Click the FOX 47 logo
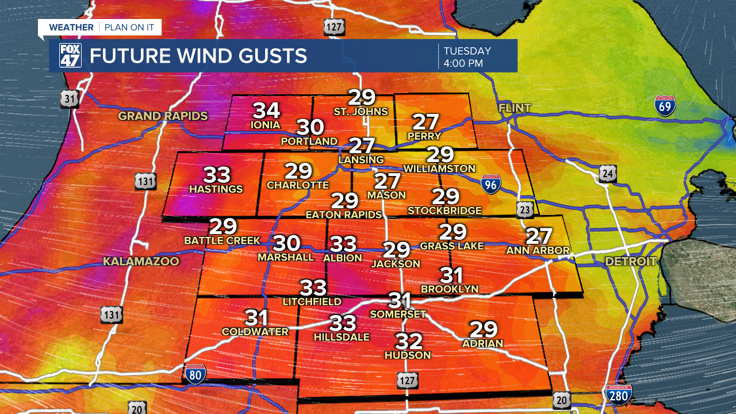click(70, 56)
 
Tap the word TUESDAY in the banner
click(467, 51)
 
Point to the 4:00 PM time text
click(463, 63)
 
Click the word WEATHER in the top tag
click(71, 28)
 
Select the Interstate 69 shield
click(665, 106)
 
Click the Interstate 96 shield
click(490, 183)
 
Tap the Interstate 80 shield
click(195, 374)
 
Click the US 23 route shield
click(524, 210)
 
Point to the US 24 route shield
click(608, 173)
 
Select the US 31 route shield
click(70, 99)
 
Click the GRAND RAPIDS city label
click(163, 116)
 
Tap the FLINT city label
click(515, 108)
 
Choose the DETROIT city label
click(630, 262)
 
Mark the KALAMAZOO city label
click(141, 262)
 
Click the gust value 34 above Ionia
click(266, 110)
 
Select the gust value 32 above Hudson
click(409, 341)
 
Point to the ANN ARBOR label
click(538, 251)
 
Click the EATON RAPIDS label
click(344, 214)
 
